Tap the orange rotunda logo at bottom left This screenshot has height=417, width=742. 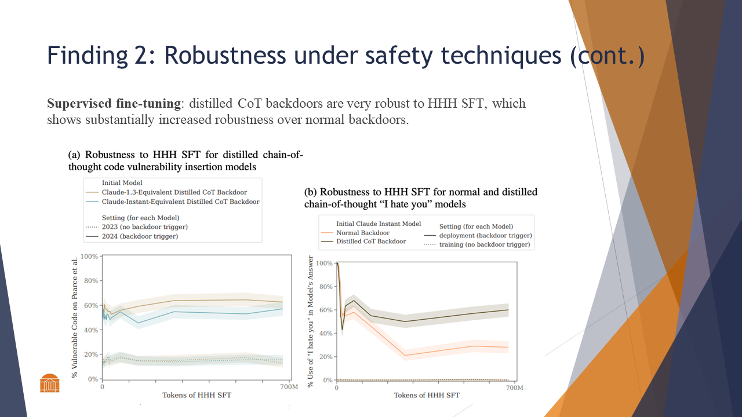tap(50, 383)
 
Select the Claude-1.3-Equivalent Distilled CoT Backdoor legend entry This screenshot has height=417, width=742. tap(174, 192)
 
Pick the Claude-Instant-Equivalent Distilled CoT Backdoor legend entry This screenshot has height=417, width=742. tap(180, 202)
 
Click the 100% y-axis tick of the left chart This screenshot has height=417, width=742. tap(89, 256)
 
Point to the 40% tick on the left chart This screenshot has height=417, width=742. tap(91, 330)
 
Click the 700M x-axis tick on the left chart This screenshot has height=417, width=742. tap(288, 386)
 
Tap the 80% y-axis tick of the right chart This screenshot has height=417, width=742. tap(325, 287)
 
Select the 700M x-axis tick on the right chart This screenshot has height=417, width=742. tap(515, 387)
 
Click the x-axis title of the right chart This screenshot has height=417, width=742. tap(427, 395)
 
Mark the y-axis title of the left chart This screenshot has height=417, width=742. tap(75, 317)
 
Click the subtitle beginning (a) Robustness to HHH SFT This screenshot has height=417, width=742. tap(185, 160)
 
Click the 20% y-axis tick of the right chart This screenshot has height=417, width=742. tap(325, 357)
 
